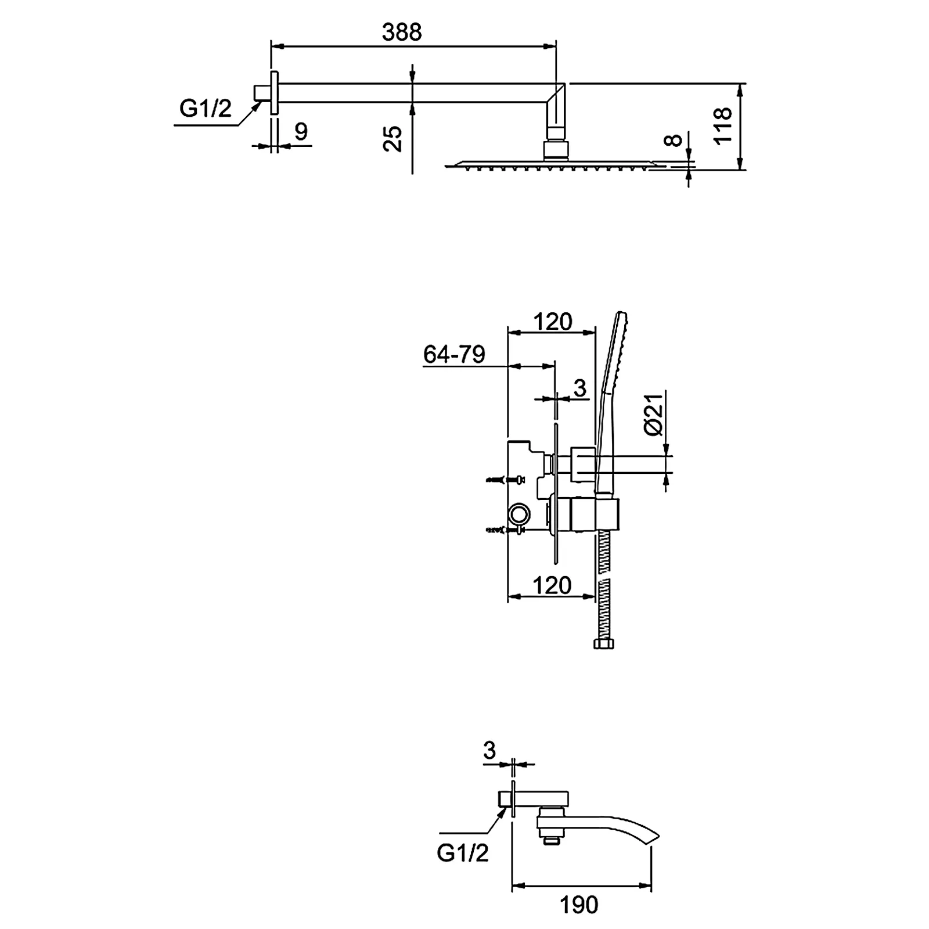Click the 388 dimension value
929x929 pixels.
pyautogui.click(x=401, y=33)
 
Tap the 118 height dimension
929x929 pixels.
pyautogui.click(x=723, y=125)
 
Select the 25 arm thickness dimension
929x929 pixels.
pyautogui.click(x=394, y=139)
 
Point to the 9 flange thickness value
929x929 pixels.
pyautogui.click(x=301, y=132)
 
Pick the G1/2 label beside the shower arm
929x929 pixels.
pyautogui.click(x=206, y=109)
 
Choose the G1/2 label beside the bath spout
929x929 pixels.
pyautogui.click(x=463, y=853)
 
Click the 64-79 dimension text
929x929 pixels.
pyautogui.click(x=454, y=354)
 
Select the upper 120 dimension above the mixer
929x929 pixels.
pyautogui.click(x=553, y=321)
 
